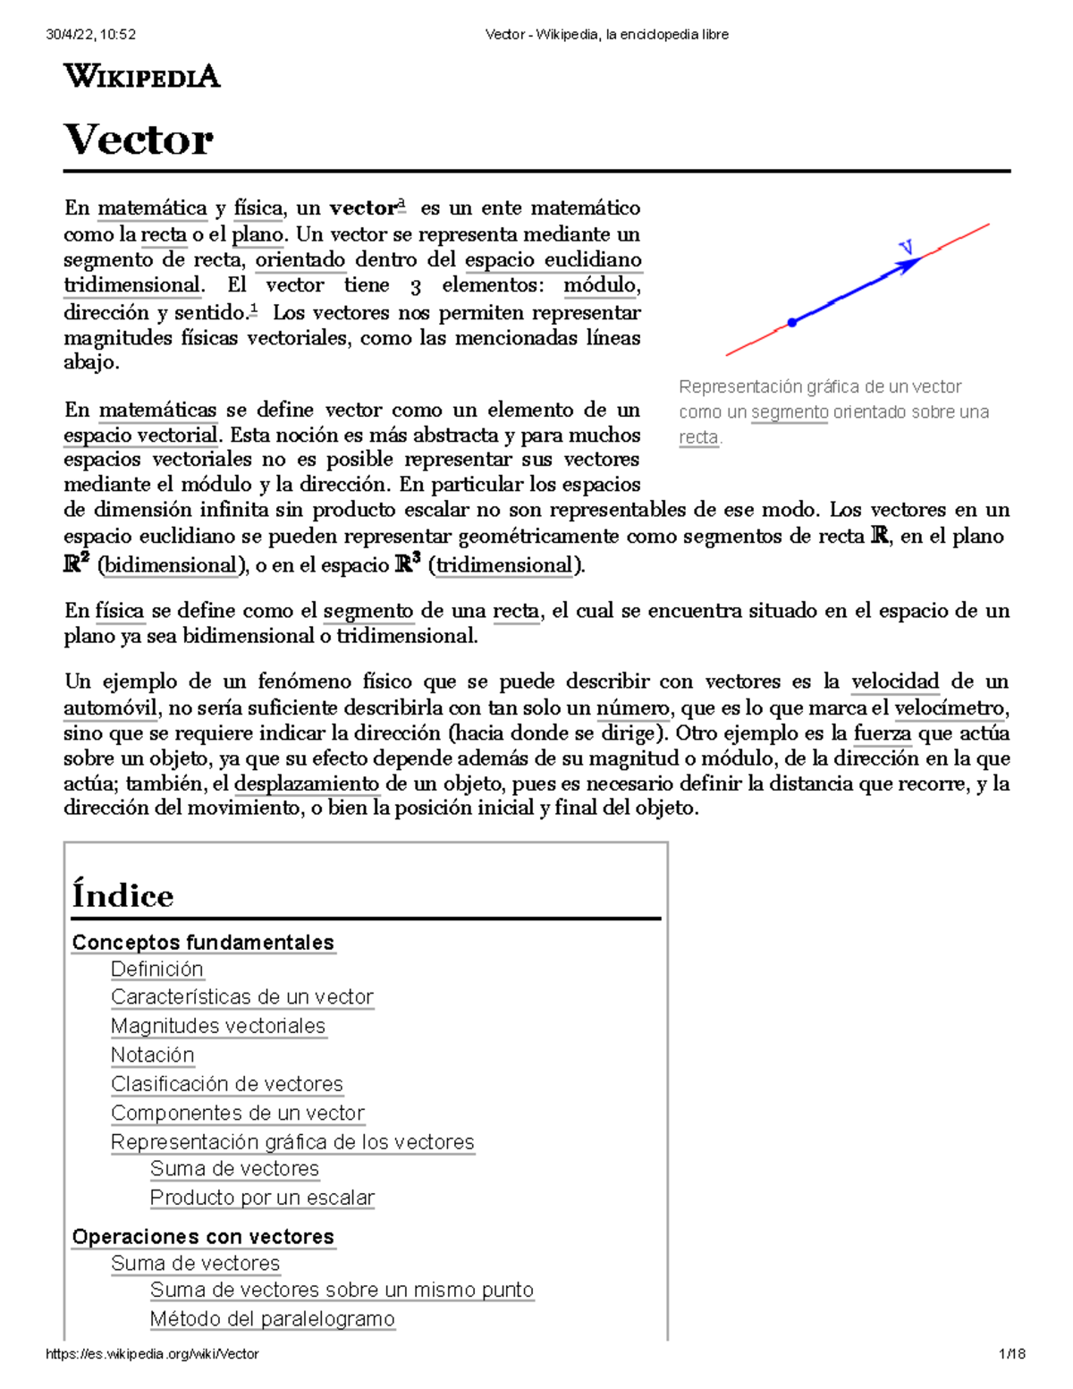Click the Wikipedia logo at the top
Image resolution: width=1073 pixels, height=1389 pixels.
(141, 77)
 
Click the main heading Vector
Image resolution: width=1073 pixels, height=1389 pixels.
(139, 140)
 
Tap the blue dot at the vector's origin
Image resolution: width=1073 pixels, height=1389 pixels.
(791, 322)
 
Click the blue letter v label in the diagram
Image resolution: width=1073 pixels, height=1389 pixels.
(906, 247)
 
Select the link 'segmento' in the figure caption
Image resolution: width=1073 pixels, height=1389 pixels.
(789, 412)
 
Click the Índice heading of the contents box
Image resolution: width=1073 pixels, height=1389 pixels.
(123, 895)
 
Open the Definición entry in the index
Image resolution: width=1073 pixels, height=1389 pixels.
(156, 969)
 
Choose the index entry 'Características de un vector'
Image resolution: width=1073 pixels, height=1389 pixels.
(241, 996)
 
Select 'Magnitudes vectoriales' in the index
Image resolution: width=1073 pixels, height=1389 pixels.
(217, 1026)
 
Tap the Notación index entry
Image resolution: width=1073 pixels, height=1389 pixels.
(152, 1054)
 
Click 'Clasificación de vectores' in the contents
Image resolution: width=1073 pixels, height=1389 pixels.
(226, 1084)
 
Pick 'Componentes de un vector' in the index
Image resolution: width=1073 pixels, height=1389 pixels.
(237, 1113)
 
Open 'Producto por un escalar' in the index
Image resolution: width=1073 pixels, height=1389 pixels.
(262, 1198)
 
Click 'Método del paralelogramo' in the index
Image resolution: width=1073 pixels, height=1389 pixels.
(272, 1318)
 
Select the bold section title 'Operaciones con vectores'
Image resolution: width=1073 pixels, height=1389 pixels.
(203, 1237)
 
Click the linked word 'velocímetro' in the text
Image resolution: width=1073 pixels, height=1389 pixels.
(950, 708)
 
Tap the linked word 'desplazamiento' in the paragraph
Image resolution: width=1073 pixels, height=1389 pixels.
(307, 784)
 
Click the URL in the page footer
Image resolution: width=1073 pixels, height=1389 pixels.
(152, 1354)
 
